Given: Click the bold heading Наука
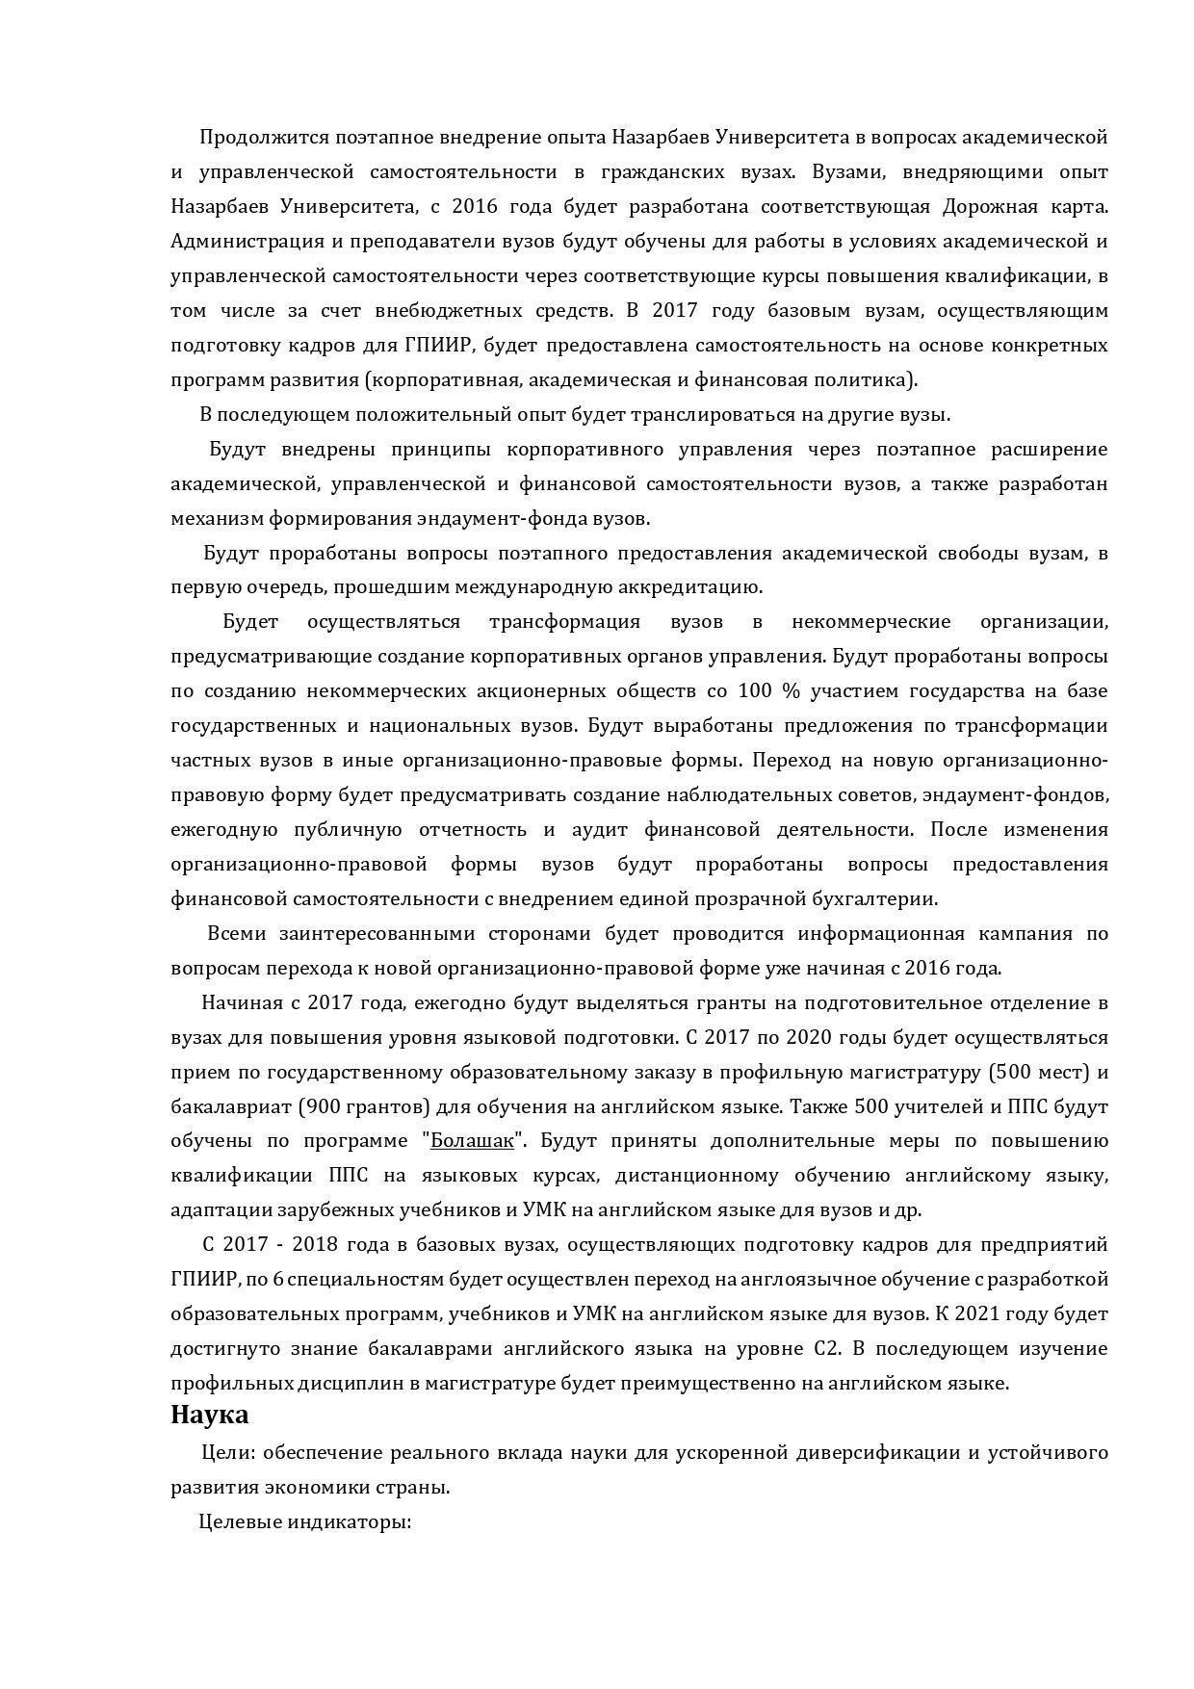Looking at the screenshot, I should pyautogui.click(x=209, y=1415).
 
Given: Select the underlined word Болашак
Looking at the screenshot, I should pyautogui.click(x=472, y=1141).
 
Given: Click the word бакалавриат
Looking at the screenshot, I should pyautogui.click(x=223, y=1106).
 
